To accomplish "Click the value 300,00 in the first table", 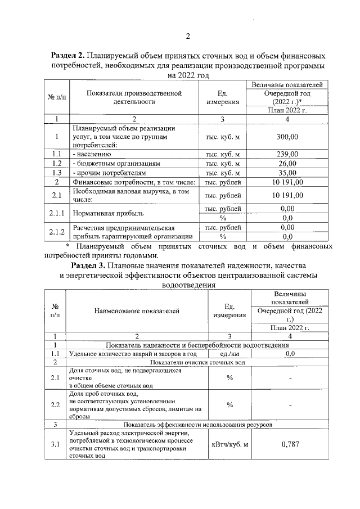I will (x=287, y=136).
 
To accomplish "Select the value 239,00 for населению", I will (x=287, y=154).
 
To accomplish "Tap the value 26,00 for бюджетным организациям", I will (x=287, y=163).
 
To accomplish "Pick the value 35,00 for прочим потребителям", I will (x=287, y=173).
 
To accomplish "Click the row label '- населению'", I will (x=91, y=154).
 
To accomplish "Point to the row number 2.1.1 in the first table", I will (x=56, y=213).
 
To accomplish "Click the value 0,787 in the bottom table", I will (x=289, y=444).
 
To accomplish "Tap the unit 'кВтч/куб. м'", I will (x=229, y=444).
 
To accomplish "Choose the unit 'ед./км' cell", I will (x=229, y=354).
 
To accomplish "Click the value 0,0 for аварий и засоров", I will (x=289, y=354).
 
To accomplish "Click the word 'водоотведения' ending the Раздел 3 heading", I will (x=188, y=285).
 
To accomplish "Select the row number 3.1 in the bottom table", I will (x=55, y=444).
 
